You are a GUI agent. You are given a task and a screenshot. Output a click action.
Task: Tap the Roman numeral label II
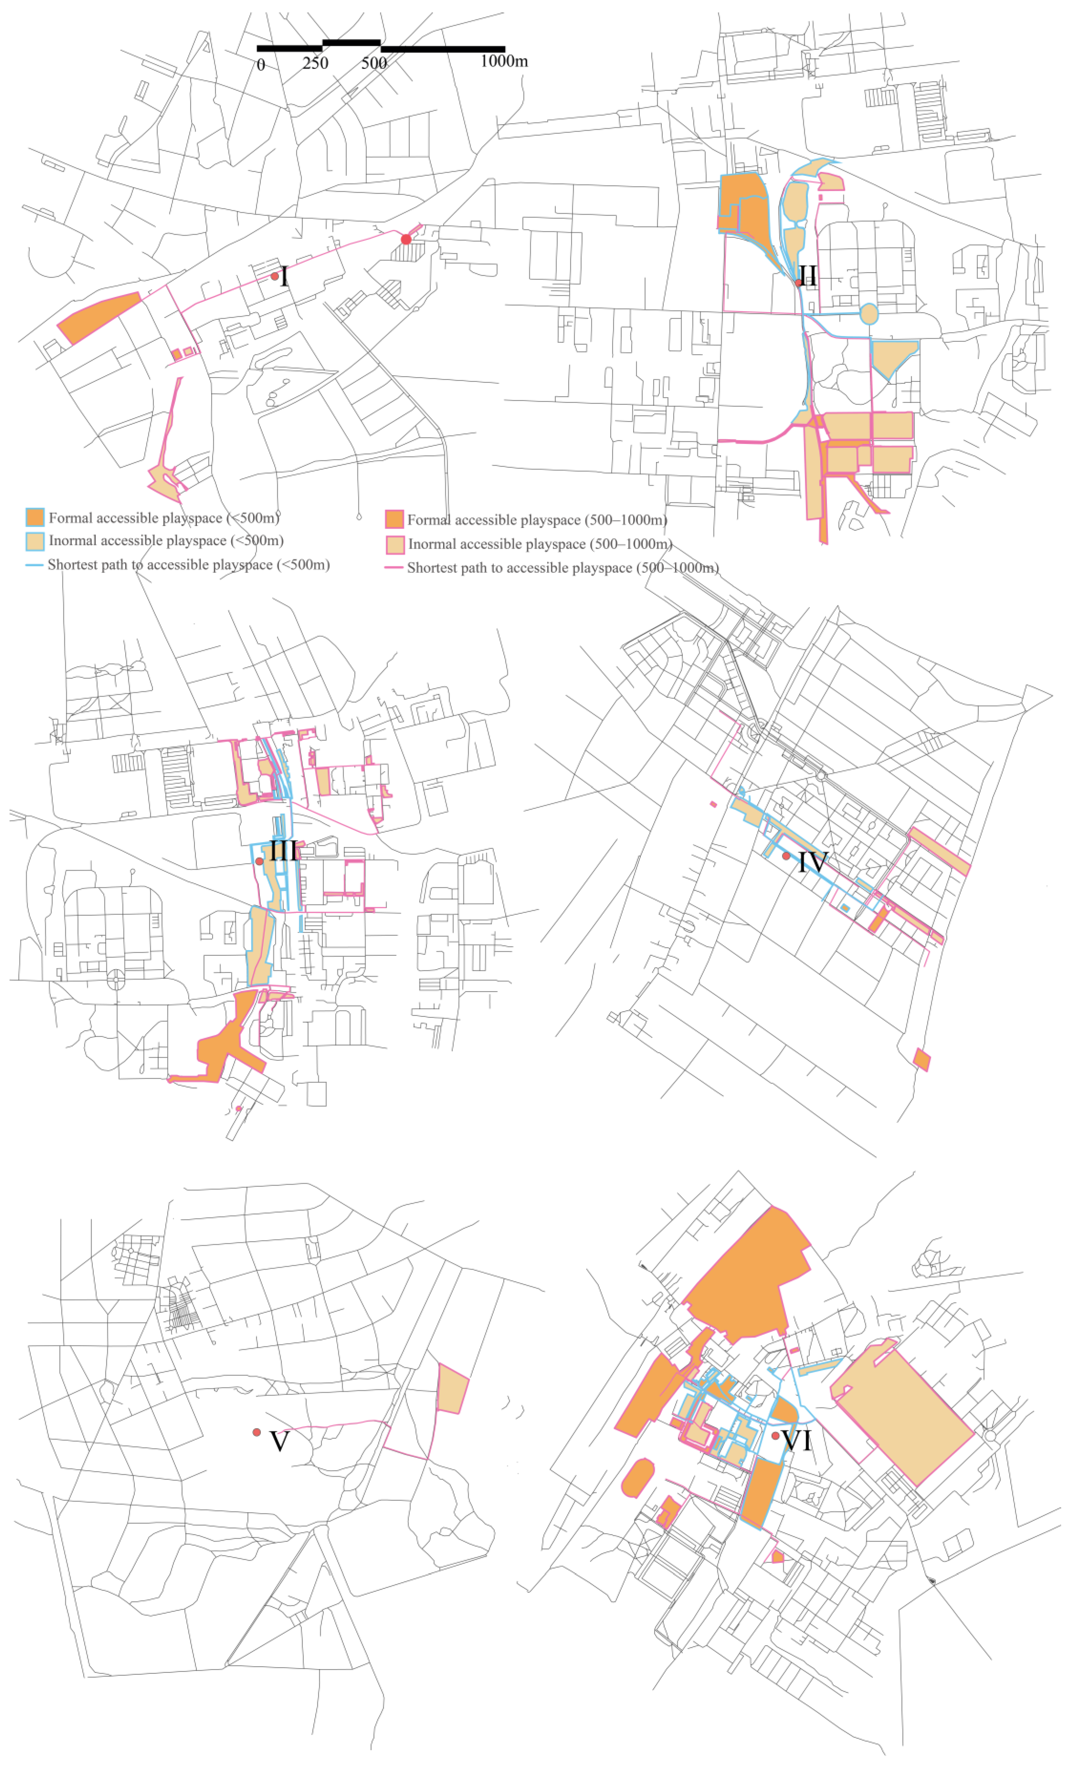pyautogui.click(x=808, y=275)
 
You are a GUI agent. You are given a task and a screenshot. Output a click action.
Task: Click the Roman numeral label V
pyautogui.click(x=279, y=1441)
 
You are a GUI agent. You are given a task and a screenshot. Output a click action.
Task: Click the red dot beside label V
pyautogui.click(x=257, y=1432)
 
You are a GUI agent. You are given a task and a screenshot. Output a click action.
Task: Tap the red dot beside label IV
pyautogui.click(x=786, y=856)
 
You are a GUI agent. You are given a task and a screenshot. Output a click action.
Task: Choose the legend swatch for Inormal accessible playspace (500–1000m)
pyautogui.click(x=395, y=544)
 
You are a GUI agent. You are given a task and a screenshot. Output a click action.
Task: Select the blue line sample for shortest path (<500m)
pyautogui.click(x=34, y=565)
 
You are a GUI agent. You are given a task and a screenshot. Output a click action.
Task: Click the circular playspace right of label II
pyautogui.click(x=868, y=314)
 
